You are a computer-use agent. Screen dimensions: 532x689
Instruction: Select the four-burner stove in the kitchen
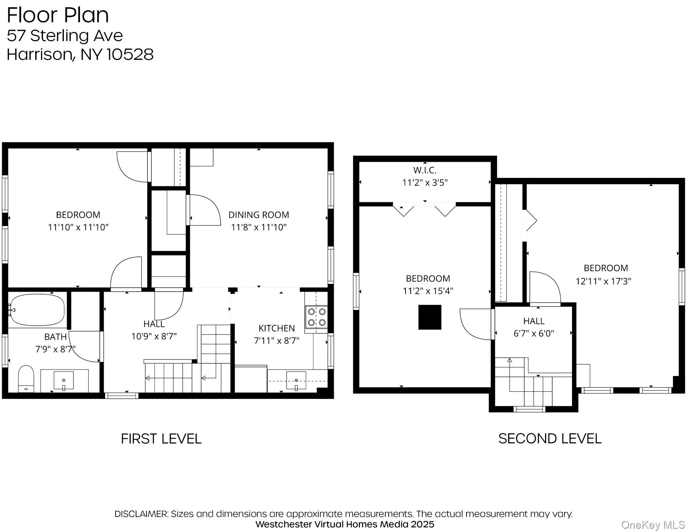[316, 317]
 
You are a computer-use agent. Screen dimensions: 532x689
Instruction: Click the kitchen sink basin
[296, 381]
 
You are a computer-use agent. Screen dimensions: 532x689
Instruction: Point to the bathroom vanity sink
[64, 381]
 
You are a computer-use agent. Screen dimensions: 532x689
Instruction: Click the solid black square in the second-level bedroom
[430, 317]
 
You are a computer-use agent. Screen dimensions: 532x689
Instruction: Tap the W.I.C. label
[425, 170]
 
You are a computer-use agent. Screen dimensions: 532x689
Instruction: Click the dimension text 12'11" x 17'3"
[603, 281]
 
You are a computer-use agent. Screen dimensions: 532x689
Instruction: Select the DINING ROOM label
[258, 215]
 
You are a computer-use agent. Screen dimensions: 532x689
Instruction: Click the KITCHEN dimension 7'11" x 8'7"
[276, 340]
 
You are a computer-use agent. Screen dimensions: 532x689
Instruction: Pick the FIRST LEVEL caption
[161, 439]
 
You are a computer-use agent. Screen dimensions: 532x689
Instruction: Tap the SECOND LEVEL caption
[549, 439]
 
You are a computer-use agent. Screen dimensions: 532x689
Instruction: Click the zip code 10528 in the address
[130, 55]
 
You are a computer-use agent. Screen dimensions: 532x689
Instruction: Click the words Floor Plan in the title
[57, 15]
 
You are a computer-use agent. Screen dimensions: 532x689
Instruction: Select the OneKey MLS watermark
[653, 525]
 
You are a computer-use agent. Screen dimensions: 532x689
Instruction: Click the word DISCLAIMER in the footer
[141, 514]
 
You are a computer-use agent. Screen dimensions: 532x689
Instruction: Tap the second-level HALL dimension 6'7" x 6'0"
[534, 333]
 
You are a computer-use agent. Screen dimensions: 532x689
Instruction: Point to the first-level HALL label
[154, 324]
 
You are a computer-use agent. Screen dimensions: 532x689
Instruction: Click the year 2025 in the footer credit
[422, 524]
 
